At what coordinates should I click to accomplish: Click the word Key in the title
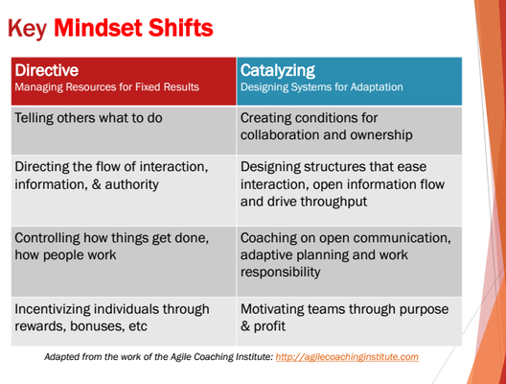(28, 29)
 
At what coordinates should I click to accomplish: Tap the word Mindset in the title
(98, 28)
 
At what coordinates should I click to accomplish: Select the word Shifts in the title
(181, 28)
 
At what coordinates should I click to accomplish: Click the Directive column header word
(46, 70)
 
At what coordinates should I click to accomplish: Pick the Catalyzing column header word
(278, 71)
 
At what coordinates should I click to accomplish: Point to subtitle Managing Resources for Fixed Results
(106, 87)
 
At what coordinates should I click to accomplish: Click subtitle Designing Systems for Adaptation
(322, 87)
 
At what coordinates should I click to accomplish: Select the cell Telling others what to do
(88, 118)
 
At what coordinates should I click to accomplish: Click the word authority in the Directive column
(131, 184)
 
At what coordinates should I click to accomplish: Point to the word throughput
(333, 202)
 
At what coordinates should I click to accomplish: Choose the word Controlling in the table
(47, 238)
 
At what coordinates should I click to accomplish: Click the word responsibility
(281, 273)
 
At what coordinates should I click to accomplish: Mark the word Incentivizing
(53, 309)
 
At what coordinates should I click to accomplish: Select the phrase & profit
(263, 326)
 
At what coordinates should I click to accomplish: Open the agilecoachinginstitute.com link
(347, 357)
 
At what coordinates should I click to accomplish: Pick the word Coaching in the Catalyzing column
(268, 238)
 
